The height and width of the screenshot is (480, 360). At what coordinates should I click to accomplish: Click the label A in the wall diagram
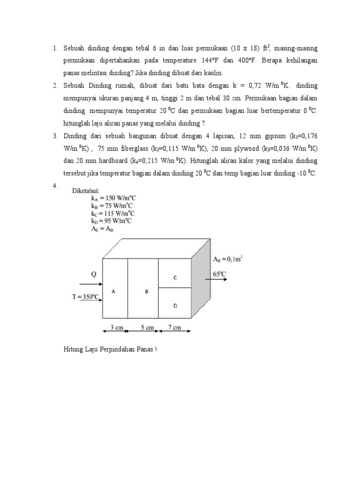(x=113, y=291)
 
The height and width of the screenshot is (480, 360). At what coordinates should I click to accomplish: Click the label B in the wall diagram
(x=147, y=291)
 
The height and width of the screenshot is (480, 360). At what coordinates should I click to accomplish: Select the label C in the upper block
(x=175, y=277)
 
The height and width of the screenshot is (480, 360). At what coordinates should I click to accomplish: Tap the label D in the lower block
(x=175, y=306)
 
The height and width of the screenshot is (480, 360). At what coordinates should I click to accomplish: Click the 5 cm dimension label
(x=146, y=328)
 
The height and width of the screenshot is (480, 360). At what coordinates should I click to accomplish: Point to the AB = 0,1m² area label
(x=228, y=259)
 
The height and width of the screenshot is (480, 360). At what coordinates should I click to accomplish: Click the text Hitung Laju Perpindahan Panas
(x=110, y=349)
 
